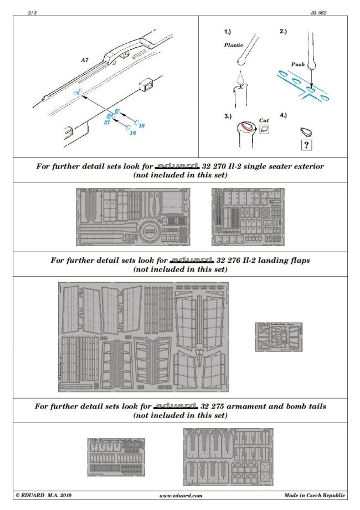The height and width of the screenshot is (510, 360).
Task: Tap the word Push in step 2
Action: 298,64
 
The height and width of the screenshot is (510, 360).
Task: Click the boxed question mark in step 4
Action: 304,145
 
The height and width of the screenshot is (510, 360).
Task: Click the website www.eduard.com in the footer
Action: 181,495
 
